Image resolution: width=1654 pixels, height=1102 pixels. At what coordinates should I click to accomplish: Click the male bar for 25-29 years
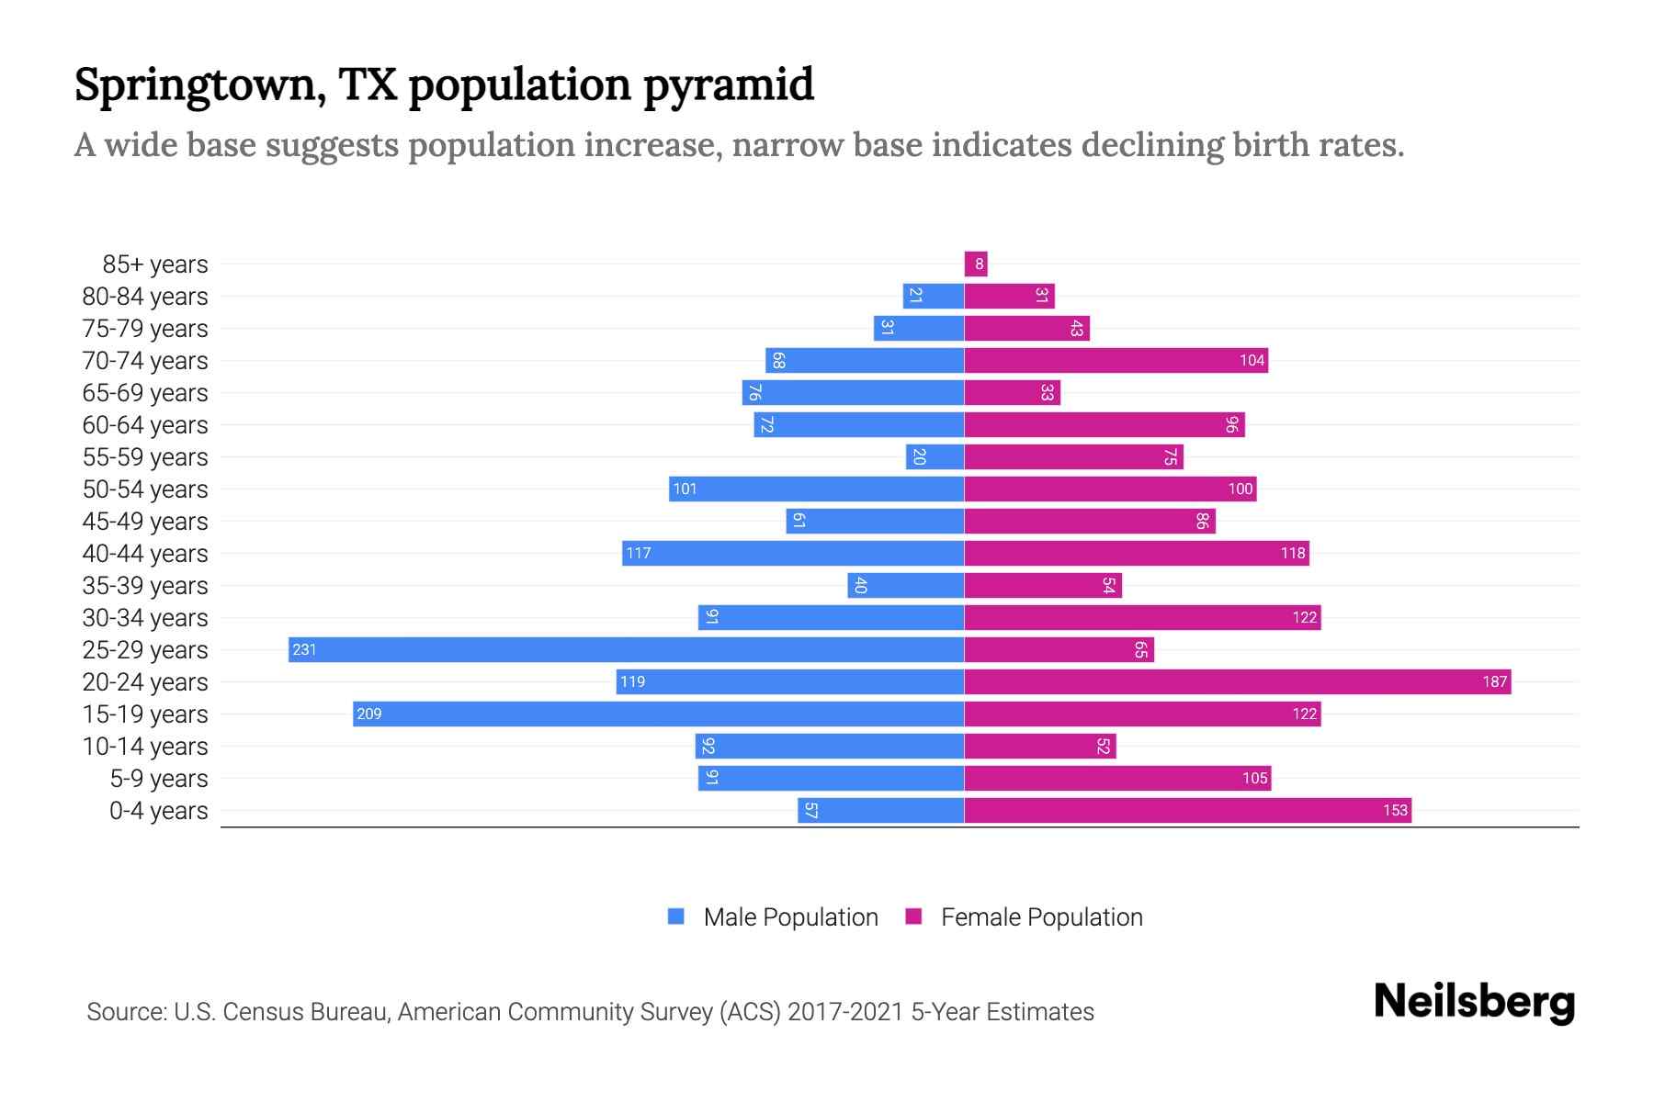coord(625,650)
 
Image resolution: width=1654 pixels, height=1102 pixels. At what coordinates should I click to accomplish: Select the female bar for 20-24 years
coord(1237,682)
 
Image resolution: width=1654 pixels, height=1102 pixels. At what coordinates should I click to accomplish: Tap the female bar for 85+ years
coord(976,264)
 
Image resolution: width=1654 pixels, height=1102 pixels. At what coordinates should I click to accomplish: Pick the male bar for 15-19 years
coord(658,714)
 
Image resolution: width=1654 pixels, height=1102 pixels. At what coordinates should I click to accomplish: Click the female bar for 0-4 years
coord(1187,811)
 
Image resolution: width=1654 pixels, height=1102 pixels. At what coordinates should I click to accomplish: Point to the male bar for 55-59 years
coord(935,457)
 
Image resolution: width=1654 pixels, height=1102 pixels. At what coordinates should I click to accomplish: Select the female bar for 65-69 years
coord(1012,393)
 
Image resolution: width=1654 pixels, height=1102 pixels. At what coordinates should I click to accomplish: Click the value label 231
coord(304,650)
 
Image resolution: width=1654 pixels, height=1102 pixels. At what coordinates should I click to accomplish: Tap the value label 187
coord(1494,682)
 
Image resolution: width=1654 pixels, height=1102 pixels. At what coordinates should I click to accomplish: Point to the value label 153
coord(1395,811)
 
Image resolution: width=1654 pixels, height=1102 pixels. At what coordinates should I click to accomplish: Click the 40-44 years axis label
coord(145,554)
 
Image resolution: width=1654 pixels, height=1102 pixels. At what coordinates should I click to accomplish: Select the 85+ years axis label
coord(155,264)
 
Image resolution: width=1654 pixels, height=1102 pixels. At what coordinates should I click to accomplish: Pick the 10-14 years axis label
coord(145,747)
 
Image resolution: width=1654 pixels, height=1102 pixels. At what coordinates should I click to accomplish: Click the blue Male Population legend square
coord(676,916)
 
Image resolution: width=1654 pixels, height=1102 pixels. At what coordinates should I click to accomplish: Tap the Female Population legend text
coord(1041,917)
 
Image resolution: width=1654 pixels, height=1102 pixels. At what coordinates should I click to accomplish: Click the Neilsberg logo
coord(1474,1002)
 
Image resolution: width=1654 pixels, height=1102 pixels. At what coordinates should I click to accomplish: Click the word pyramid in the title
coord(728,85)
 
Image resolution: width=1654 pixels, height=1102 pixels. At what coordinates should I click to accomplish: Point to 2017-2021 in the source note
coord(845,1012)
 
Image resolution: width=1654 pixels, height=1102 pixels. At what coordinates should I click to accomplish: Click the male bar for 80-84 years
coord(933,297)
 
